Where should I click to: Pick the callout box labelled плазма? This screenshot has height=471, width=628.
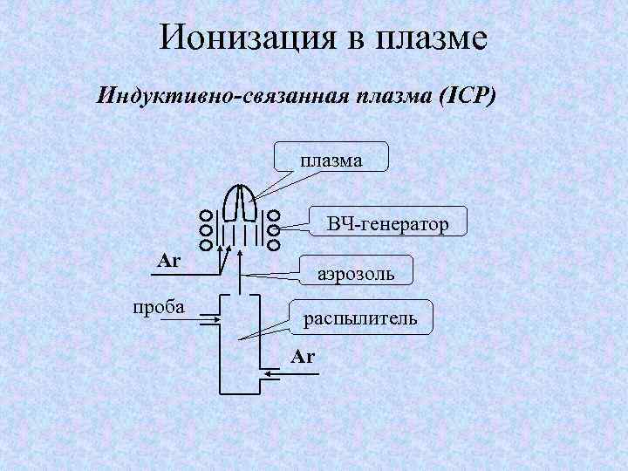tap(332, 159)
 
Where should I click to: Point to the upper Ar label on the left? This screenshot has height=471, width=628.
tap(168, 260)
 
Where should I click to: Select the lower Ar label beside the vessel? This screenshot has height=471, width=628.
tap(304, 357)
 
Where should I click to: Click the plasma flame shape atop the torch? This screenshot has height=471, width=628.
tap(239, 202)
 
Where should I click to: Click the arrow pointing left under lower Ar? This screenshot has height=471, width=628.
tap(283, 375)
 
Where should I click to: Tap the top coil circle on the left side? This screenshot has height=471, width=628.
tap(205, 215)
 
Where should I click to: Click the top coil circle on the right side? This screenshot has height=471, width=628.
tap(273, 215)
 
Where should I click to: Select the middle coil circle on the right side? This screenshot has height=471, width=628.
tap(273, 230)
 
